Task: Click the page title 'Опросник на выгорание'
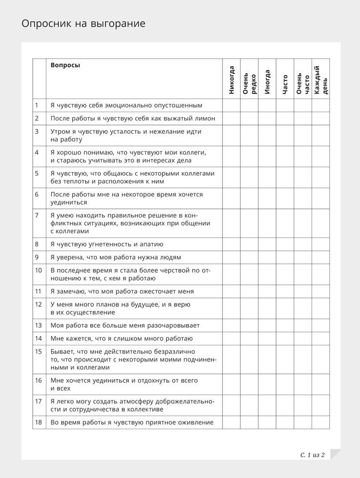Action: pyautogui.click(x=83, y=24)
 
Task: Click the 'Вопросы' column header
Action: pyautogui.click(x=65, y=65)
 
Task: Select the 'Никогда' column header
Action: pyautogui.click(x=231, y=80)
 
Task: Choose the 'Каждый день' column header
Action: pyautogui.click(x=320, y=80)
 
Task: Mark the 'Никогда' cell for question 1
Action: pyautogui.click(x=231, y=105)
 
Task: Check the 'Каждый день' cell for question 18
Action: pyautogui.click(x=320, y=422)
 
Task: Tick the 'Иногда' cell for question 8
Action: pyautogui.click(x=267, y=244)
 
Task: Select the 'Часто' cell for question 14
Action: pyautogui.click(x=285, y=339)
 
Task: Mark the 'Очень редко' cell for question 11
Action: pyautogui.click(x=249, y=291)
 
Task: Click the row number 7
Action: pyautogui.click(x=37, y=215)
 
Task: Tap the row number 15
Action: pyautogui.click(x=39, y=351)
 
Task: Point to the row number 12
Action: pyautogui.click(x=39, y=304)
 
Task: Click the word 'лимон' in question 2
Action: pyautogui.click(x=205, y=119)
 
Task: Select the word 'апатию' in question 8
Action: pyautogui.click(x=152, y=244)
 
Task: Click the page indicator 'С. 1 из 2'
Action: pyautogui.click(x=313, y=455)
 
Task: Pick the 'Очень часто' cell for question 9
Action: pyautogui.click(x=302, y=258)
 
